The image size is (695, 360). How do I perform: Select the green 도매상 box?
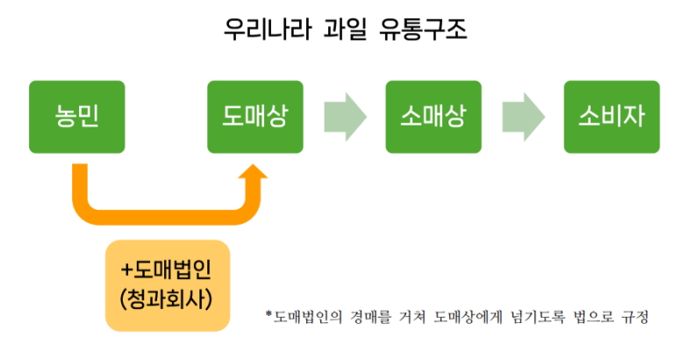(x=254, y=116)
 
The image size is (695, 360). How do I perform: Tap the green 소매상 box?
(x=433, y=116)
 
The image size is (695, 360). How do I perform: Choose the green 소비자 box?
(x=612, y=116)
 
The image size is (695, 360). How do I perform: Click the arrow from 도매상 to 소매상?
(x=344, y=117)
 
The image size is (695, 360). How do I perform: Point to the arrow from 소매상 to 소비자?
(x=523, y=117)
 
